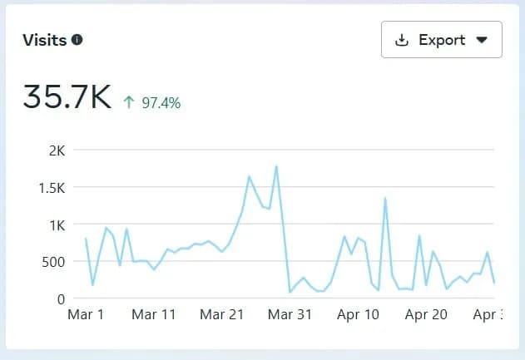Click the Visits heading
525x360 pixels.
[44, 40]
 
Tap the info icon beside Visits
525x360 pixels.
[77, 40]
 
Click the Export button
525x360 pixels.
[441, 40]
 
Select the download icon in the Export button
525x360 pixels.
[403, 40]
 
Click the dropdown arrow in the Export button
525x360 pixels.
[481, 40]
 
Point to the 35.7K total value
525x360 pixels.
[67, 97]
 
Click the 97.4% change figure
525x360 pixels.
[161, 103]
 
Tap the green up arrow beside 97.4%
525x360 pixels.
[129, 103]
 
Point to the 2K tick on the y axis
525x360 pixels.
[57, 150]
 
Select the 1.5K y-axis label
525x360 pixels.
[51, 188]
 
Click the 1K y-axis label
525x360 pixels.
[57, 224]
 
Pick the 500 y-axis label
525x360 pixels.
[53, 262]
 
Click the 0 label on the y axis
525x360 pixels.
[61, 298]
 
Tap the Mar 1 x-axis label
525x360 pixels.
[86, 315]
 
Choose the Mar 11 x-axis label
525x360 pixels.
[154, 315]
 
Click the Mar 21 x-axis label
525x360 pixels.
[223, 315]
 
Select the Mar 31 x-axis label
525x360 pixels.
[291, 315]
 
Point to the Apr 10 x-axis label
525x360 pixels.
[359, 315]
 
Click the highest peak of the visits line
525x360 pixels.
[275, 166]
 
